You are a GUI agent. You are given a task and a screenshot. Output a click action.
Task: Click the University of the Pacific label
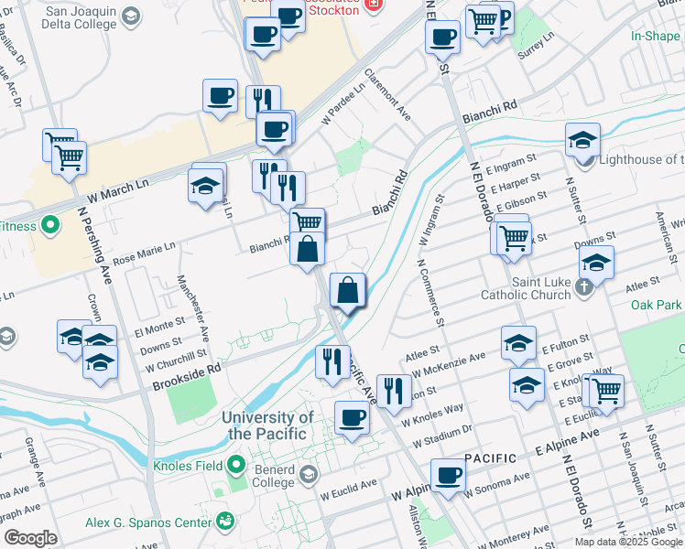pos(268,425)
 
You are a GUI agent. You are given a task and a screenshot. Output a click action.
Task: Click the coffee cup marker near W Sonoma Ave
pos(448,476)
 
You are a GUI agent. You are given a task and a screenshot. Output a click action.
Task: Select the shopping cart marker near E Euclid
pos(605,391)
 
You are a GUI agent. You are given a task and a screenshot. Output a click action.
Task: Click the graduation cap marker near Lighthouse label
pos(582,140)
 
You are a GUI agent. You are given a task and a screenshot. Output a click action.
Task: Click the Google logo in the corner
pos(29,538)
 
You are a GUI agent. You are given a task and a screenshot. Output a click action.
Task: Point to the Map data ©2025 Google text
pos(628,542)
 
